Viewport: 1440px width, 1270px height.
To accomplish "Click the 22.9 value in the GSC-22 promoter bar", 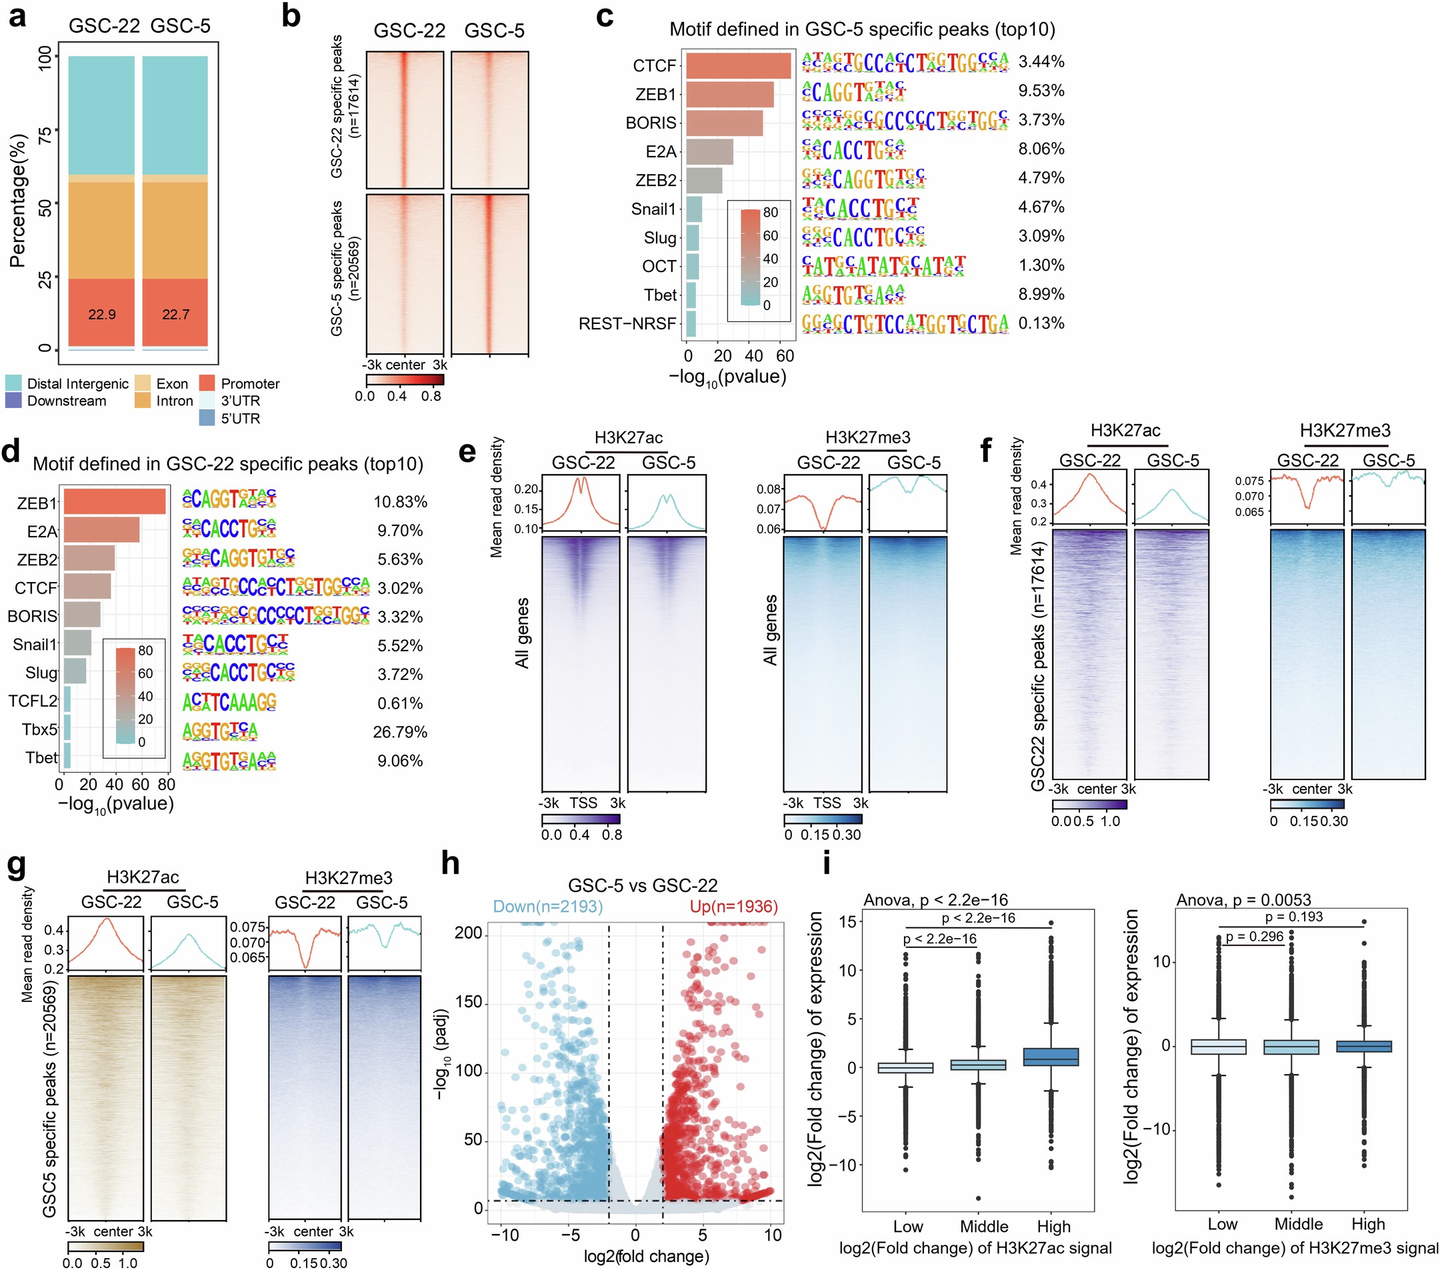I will [101, 314].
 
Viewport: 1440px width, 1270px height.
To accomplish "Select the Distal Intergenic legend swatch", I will [13, 383].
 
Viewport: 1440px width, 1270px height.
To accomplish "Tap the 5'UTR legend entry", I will [207, 419].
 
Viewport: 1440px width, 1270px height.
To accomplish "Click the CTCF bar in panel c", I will [737, 65].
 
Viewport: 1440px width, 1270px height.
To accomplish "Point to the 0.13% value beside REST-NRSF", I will [1041, 323].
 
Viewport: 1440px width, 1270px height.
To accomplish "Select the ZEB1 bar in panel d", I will [114, 502].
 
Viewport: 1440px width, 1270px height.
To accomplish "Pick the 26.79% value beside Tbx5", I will [399, 732].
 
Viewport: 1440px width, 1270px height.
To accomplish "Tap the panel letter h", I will [450, 863].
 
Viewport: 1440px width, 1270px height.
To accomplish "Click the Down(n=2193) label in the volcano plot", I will [547, 907].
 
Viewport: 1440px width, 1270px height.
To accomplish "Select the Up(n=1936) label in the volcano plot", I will [733, 907].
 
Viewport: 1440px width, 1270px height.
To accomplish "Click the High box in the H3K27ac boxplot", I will [1051, 1057].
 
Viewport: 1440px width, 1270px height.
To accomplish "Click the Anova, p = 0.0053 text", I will [1243, 899].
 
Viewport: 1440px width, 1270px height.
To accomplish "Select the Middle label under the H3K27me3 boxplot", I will [1298, 1224].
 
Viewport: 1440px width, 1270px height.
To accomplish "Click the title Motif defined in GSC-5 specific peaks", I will [861, 29].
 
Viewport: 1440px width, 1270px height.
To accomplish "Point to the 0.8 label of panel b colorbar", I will [431, 397].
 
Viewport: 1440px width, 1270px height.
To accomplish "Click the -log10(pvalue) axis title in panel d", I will [115, 805].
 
